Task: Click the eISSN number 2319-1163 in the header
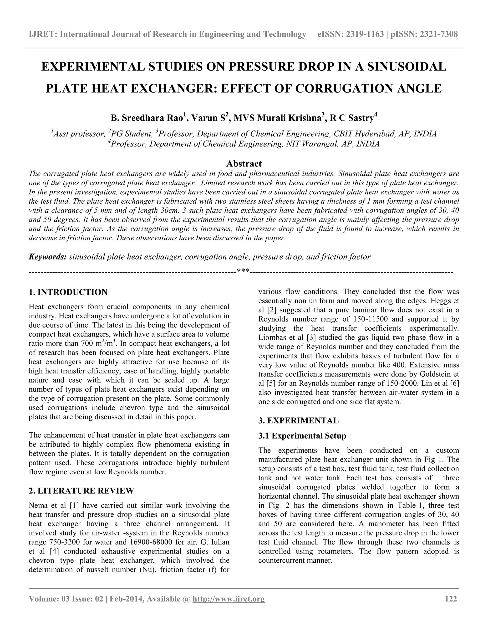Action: point(365,34)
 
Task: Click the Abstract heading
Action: point(244,164)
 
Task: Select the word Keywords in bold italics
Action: point(48,257)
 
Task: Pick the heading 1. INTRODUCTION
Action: point(68,292)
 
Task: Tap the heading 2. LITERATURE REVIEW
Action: point(81,491)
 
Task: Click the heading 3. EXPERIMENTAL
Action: point(298,420)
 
